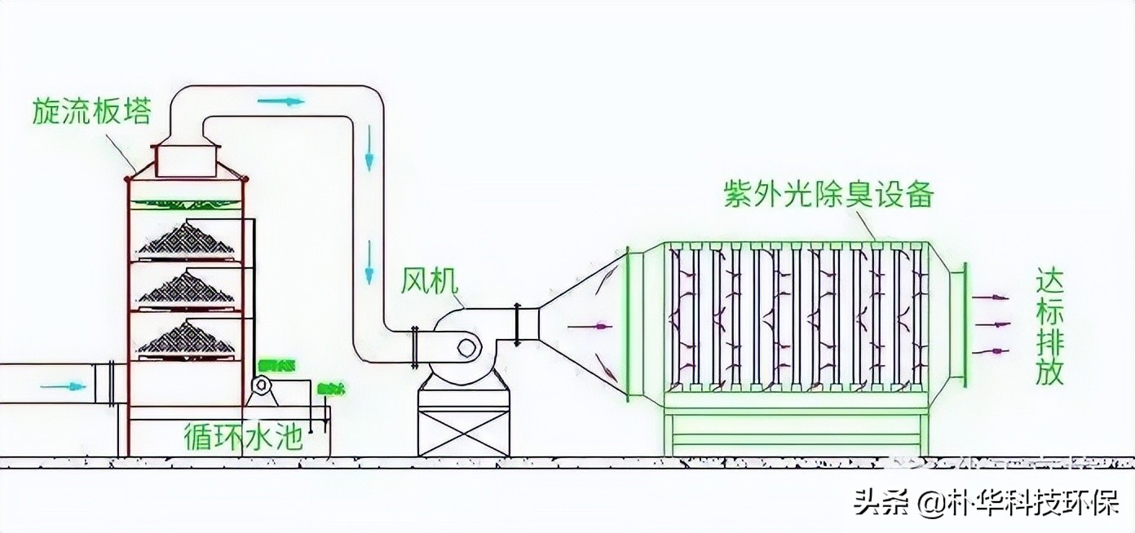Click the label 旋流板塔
pyautogui.click(x=91, y=112)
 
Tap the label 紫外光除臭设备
pyautogui.click(x=828, y=196)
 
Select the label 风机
pyautogui.click(x=430, y=281)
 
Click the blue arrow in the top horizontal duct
pyautogui.click(x=280, y=102)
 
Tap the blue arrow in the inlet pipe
pyautogui.click(x=64, y=385)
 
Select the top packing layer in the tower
pyautogui.click(x=187, y=240)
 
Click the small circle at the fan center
pyautogui.click(x=466, y=348)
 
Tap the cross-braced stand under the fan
pyautogui.click(x=463, y=424)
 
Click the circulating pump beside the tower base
pyautogui.click(x=263, y=386)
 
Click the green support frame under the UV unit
pyautogui.click(x=795, y=432)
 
